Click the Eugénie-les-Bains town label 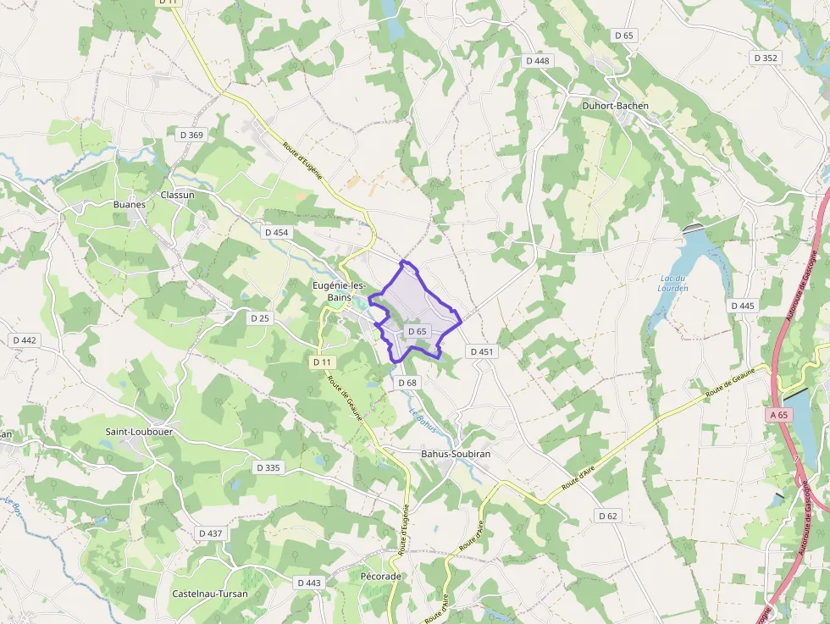tap(340, 292)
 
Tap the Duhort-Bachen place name tap(616, 106)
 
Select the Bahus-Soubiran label tap(456, 454)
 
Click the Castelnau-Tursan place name tap(210, 594)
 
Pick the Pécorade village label tap(380, 576)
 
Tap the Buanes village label tap(130, 204)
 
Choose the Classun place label tap(177, 195)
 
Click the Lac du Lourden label tap(673, 283)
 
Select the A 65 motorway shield tap(780, 416)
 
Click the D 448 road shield tap(538, 61)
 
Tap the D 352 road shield tap(765, 58)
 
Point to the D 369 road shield tap(192, 135)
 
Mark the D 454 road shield tap(277, 232)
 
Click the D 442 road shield tap(25, 340)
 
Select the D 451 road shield tap(480, 351)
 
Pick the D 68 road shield tap(407, 383)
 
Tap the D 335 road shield tap(267, 467)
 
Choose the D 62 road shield tap(608, 516)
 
